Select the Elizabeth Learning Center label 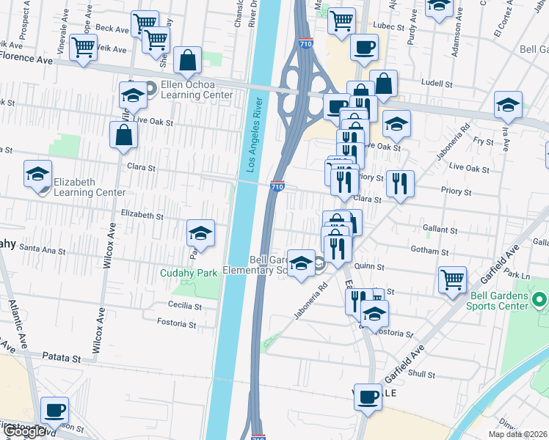click(x=84, y=187)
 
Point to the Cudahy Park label click(x=189, y=273)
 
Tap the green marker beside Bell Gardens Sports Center click(x=540, y=300)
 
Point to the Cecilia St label click(x=185, y=305)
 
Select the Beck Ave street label click(x=112, y=28)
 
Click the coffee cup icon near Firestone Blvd click(x=54, y=411)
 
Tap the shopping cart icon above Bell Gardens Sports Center click(x=452, y=279)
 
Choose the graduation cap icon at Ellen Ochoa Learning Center click(x=133, y=95)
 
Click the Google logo click(x=24, y=431)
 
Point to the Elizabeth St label click(x=142, y=216)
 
